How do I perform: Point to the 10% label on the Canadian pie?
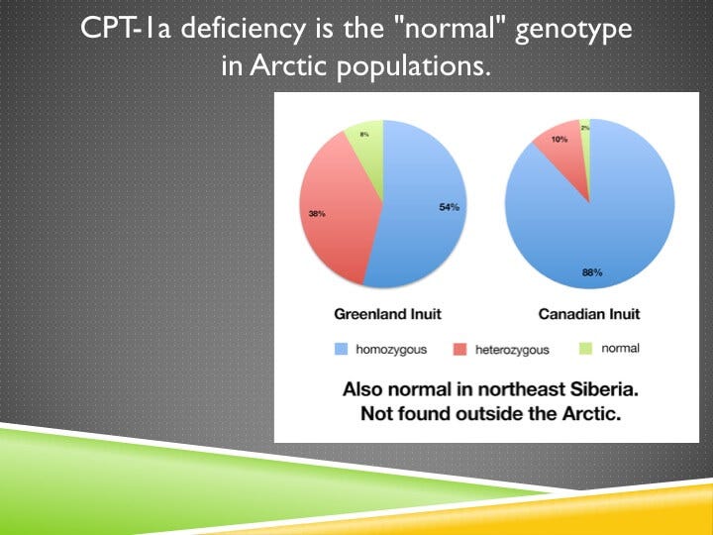coord(560,140)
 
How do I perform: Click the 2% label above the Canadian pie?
coord(584,128)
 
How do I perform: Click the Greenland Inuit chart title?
coord(386,314)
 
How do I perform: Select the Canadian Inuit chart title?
coord(588,314)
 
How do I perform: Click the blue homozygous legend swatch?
coord(342,349)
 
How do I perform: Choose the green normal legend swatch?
coord(585,349)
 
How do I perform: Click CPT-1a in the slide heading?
coord(118,30)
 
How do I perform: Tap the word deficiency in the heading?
coord(213,30)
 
